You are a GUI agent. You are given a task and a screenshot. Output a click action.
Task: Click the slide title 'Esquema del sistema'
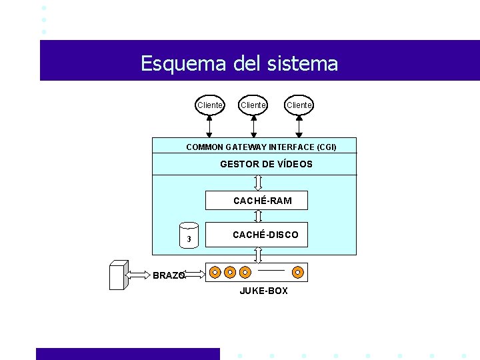[x=239, y=63]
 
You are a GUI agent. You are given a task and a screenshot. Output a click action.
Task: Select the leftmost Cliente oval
[x=210, y=105]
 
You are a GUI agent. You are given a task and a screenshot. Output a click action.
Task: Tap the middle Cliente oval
[x=253, y=105]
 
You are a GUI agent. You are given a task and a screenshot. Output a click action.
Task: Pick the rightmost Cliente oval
[x=299, y=105]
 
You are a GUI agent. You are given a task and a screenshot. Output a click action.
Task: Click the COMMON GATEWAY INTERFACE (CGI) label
[x=261, y=147]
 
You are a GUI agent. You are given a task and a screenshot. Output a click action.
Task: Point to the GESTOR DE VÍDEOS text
[x=266, y=164]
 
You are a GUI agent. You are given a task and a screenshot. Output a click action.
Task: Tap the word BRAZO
[x=168, y=275]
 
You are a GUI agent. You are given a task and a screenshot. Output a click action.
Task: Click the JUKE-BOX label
[x=263, y=291]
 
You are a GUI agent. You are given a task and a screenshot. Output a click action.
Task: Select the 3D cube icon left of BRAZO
[x=118, y=274]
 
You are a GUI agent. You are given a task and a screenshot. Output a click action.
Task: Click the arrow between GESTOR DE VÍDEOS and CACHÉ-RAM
[x=259, y=183]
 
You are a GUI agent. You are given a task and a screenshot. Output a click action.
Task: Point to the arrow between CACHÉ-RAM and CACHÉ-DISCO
[x=259, y=216]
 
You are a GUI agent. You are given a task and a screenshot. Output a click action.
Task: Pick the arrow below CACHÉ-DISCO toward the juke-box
[x=259, y=255]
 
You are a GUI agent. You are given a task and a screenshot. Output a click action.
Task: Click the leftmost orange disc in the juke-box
[x=215, y=272]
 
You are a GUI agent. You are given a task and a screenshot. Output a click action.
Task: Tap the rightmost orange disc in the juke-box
[x=298, y=272]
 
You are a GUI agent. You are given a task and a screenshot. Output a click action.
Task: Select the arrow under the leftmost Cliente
[x=209, y=125]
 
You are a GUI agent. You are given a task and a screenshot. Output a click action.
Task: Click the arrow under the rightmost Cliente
[x=299, y=125]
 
